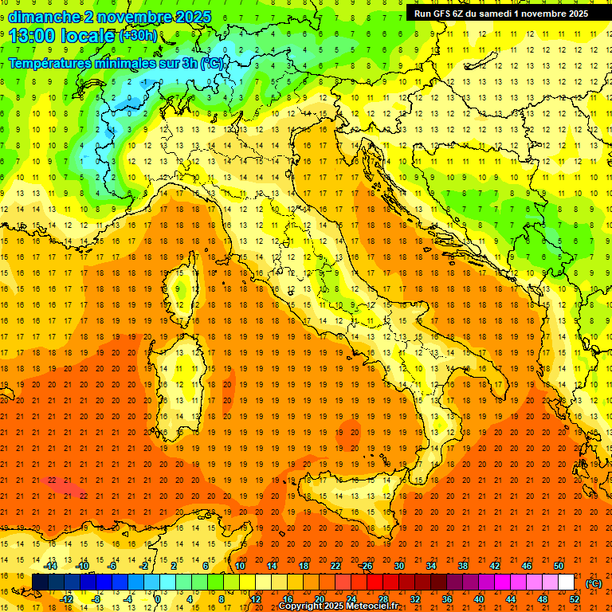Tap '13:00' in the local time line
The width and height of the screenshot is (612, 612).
pos(30,35)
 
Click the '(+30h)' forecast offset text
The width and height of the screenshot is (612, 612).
pos(137,35)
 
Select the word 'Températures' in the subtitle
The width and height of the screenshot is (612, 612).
pos(51,64)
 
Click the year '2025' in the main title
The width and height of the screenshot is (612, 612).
pos(192,16)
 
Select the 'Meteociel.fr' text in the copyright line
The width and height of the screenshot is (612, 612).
pos(371,606)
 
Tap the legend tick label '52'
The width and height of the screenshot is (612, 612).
pos(574,599)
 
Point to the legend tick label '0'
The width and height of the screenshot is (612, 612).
pos(158,599)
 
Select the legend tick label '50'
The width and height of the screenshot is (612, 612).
pos(558,565)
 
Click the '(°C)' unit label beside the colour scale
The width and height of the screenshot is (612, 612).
pos(594,583)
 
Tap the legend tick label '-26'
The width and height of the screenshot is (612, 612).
pos(366,565)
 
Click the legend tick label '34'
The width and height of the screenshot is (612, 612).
pos(431,565)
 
